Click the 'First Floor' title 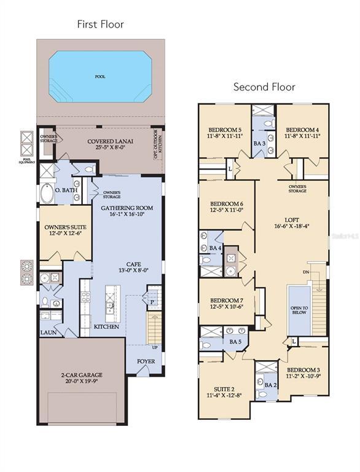point(100,25)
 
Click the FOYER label point(146,361)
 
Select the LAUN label point(49,332)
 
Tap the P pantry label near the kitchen point(152,302)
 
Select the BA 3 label point(259,143)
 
